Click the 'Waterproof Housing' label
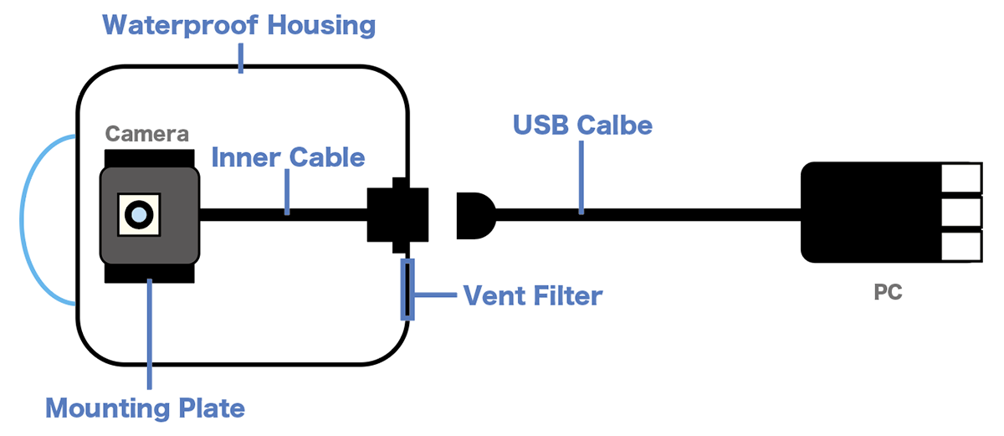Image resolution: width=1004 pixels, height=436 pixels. coord(239,25)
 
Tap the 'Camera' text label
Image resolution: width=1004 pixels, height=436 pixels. coord(147,133)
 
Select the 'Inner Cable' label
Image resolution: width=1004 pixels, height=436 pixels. coord(288,157)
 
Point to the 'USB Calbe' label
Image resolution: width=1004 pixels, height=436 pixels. coord(582,126)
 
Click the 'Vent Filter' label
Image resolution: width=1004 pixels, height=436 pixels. coord(532,295)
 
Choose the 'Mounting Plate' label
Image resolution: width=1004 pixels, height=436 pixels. coord(145,408)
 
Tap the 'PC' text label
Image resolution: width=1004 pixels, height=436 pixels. coord(888,295)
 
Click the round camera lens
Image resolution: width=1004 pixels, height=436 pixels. coord(139,215)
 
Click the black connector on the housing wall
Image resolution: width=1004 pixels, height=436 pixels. coord(397,213)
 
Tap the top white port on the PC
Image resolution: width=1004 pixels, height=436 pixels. coord(960,178)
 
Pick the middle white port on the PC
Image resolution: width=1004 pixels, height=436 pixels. coord(960,212)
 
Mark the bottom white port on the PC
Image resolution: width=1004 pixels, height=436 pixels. coord(960,245)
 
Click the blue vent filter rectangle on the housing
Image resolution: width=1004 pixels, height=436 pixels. coord(407,290)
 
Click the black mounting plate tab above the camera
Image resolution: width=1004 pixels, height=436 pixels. coord(150,157)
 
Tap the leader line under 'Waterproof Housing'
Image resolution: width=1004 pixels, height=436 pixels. coord(241,57)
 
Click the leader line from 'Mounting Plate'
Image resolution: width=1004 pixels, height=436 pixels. coord(149,335)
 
